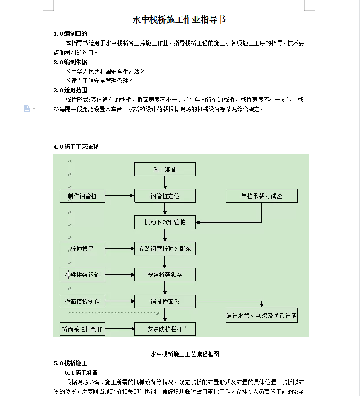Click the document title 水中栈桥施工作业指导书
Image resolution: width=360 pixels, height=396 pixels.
[179, 20]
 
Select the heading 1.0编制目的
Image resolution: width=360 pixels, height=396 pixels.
[70, 33]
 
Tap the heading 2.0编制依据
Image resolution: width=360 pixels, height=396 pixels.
[70, 62]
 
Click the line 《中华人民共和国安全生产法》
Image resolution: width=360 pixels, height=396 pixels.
[106, 72]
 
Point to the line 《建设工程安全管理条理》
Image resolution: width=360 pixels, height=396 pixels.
[100, 81]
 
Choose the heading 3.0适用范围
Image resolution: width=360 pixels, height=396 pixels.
[70, 90]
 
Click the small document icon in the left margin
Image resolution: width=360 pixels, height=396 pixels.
[27, 109]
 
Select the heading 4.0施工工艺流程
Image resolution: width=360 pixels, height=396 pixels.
[76, 147]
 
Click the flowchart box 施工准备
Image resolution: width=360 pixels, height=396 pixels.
[165, 169]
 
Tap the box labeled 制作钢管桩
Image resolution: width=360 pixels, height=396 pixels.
[82, 196]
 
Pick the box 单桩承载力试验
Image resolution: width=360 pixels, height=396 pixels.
[261, 196]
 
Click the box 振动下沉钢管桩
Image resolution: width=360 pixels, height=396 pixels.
[165, 222]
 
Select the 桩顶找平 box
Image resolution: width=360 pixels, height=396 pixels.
[82, 248]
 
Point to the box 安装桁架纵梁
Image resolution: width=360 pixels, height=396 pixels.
[165, 275]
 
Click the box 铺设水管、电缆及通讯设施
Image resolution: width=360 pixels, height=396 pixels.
[261, 315]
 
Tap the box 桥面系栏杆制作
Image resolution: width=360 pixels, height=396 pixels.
[82, 329]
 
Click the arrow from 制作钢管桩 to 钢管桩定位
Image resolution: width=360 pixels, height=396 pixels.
[120, 196]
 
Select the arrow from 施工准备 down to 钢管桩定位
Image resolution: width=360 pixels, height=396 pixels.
[165, 182]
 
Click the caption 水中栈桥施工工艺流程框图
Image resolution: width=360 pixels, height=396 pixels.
[185, 354]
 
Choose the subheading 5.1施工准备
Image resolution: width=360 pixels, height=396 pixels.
[81, 372]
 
